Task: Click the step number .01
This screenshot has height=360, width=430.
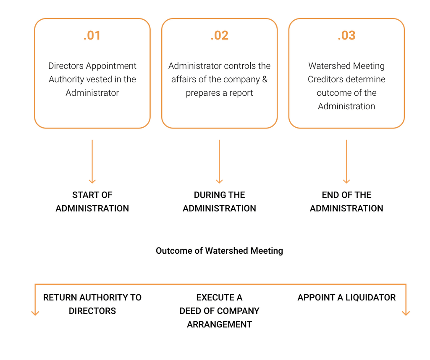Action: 92,36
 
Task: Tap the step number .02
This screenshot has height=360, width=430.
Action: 219,36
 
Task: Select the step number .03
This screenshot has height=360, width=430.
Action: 346,36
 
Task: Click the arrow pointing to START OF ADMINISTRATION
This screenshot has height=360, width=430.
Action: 92,162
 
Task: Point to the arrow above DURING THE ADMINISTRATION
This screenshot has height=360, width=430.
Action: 219,162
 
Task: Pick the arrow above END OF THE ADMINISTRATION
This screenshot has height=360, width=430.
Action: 346,162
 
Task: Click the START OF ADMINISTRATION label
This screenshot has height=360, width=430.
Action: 92,202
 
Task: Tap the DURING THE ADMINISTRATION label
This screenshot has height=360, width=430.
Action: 219,202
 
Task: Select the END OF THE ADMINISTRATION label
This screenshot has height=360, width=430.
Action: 346,202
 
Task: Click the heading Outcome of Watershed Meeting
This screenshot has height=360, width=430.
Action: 219,251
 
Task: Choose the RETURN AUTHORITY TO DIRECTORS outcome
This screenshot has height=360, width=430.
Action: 92,304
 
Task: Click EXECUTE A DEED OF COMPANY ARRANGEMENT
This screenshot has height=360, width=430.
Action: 219,311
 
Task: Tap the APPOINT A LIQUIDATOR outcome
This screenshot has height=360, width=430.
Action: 346,297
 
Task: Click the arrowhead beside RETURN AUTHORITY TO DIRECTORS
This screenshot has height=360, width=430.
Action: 35,312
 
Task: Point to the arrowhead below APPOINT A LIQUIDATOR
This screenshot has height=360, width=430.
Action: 406,312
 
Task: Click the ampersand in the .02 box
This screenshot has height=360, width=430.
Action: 265,79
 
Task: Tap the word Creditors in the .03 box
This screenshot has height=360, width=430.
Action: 326,79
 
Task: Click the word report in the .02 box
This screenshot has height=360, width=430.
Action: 241,93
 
